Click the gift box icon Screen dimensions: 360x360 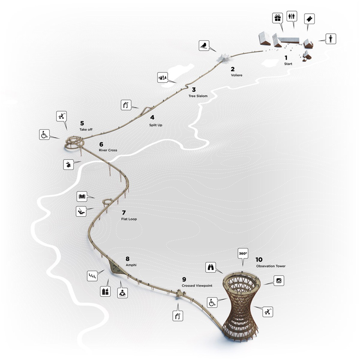(277, 18)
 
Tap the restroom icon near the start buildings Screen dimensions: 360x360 (292, 16)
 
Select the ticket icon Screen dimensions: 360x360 (309, 19)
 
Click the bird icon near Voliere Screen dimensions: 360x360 (204, 45)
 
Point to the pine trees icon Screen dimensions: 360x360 (163, 77)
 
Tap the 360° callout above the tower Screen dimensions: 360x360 (243, 253)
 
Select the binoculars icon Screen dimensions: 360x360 (211, 267)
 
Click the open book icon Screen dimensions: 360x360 (82, 196)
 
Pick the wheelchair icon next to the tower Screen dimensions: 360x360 (212, 302)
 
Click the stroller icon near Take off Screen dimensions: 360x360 (61, 116)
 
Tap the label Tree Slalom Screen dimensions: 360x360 (198, 96)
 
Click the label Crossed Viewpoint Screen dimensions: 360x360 (197, 286)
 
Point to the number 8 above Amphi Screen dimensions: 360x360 (127, 259)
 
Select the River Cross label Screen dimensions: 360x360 (108, 150)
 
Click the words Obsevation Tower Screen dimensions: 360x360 (271, 266)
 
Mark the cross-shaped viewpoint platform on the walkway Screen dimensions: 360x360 (181, 293)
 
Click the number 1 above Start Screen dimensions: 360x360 (286, 58)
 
